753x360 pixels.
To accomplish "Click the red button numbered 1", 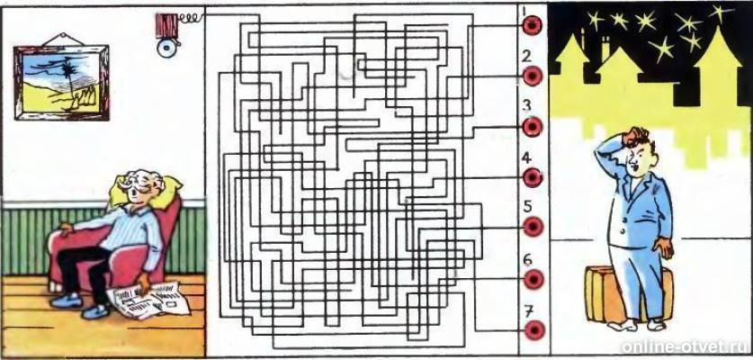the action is (532, 25).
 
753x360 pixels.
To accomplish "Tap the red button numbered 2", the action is (532, 76).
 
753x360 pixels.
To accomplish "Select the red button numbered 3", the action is (532, 127).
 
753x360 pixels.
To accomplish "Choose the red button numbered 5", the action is (533, 227).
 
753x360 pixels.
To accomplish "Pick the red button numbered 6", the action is (533, 279).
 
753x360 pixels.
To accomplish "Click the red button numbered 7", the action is (533, 330).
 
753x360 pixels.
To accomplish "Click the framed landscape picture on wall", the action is (61, 83).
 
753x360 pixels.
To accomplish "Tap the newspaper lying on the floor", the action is (148, 301).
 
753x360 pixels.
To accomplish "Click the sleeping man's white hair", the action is (139, 182).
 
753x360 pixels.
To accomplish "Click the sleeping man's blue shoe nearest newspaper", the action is (96, 312).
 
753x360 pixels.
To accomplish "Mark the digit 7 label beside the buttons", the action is (528, 311).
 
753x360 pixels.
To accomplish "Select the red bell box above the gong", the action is (166, 25).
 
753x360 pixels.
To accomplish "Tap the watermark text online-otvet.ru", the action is (686, 347).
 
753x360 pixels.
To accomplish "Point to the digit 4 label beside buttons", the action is (527, 157).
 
